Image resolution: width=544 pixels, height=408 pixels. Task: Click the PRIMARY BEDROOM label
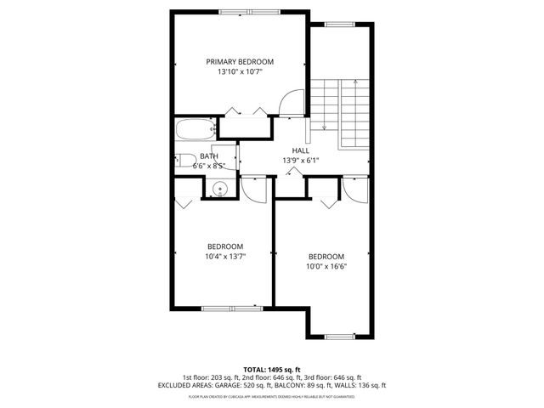pos(241,61)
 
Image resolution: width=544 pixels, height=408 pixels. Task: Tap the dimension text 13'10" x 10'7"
pos(241,72)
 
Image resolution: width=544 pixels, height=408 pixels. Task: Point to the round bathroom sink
pos(218,190)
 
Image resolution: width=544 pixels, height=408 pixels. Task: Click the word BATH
pos(209,156)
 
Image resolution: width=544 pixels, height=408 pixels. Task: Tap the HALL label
pos(301,150)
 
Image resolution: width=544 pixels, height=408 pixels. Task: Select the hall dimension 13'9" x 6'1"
pos(301,160)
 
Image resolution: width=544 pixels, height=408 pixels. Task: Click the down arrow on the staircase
pos(324,126)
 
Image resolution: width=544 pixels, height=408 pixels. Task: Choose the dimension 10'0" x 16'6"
pos(326,266)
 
